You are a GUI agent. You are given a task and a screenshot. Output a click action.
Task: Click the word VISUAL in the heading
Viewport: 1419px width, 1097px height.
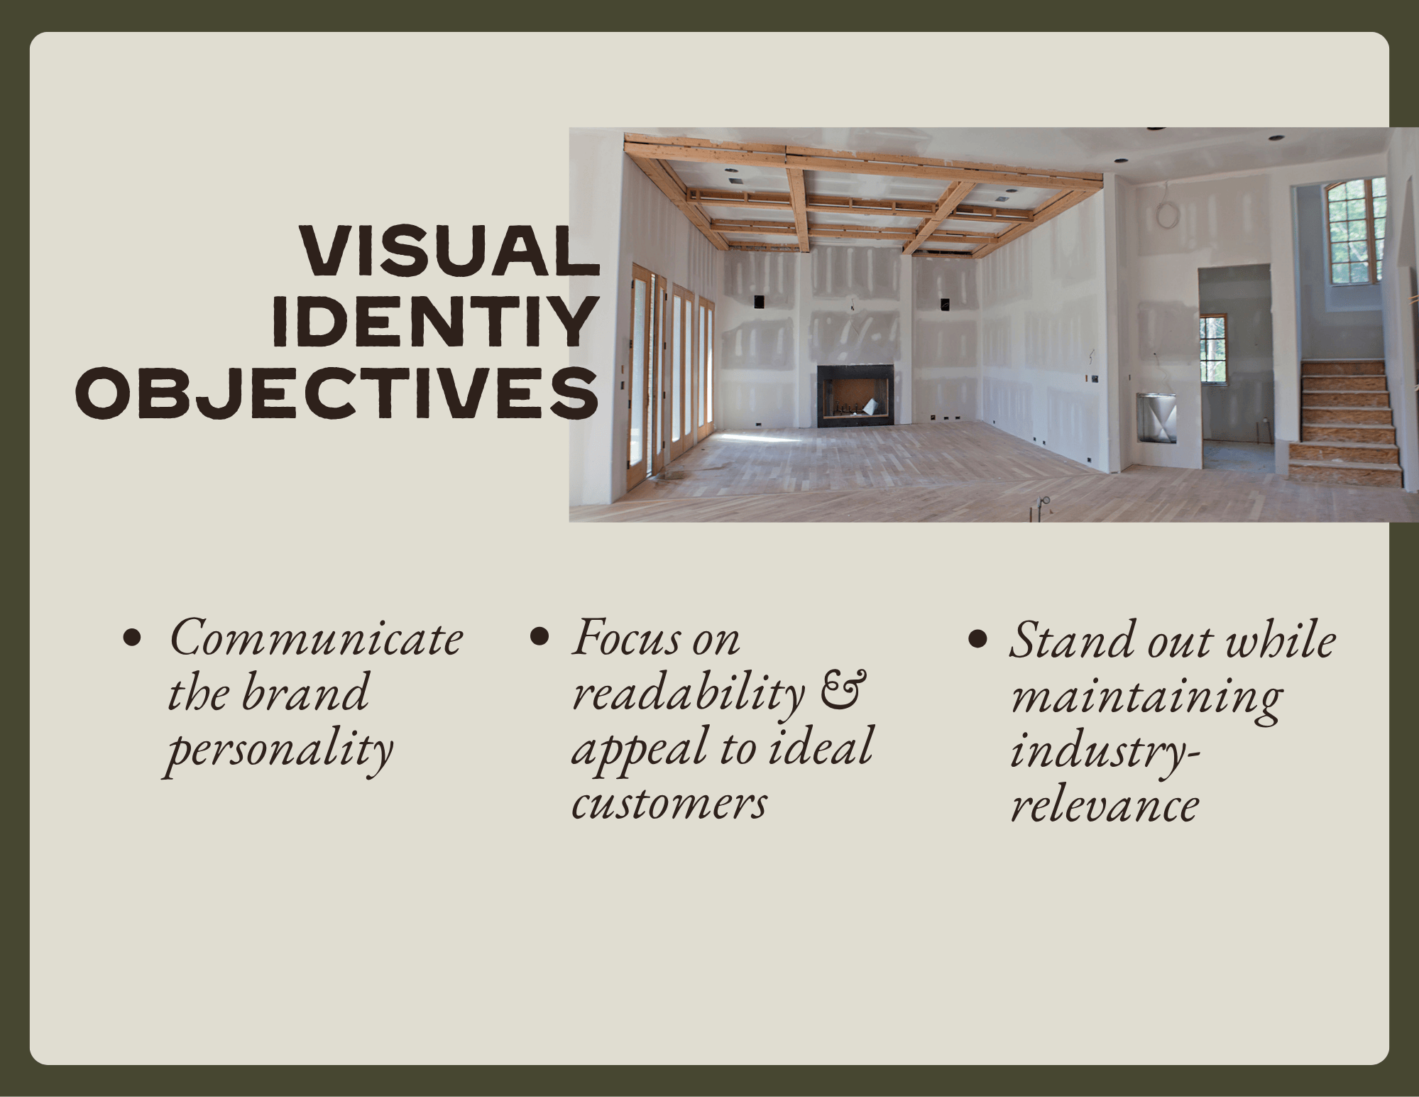pyautogui.click(x=449, y=251)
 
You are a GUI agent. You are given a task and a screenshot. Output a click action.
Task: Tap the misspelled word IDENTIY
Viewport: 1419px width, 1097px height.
pyautogui.click(x=433, y=322)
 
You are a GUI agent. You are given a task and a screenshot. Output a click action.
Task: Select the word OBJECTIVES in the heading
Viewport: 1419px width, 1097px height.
pyautogui.click(x=337, y=393)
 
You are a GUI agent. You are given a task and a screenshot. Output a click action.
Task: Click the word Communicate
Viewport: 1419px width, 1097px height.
pyautogui.click(x=316, y=638)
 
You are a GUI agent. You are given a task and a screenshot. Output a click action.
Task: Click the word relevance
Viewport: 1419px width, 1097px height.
pyautogui.click(x=1105, y=806)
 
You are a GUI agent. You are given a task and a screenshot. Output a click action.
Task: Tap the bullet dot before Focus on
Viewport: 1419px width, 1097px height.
pyautogui.click(x=540, y=637)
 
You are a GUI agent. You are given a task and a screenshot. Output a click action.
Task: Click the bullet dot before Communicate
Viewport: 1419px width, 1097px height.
pyautogui.click(x=133, y=637)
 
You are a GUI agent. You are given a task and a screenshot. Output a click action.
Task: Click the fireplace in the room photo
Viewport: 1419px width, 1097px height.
pyautogui.click(x=855, y=395)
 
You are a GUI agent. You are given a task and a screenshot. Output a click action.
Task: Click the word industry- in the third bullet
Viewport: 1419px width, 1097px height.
pyautogui.click(x=1105, y=751)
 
